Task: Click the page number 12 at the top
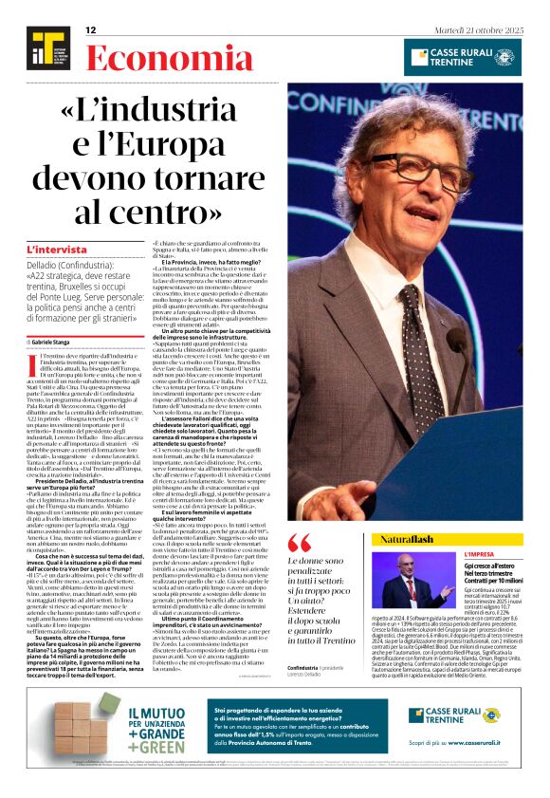(x=91, y=30)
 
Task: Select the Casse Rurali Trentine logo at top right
(x=462, y=53)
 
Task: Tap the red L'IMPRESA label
(x=504, y=553)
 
